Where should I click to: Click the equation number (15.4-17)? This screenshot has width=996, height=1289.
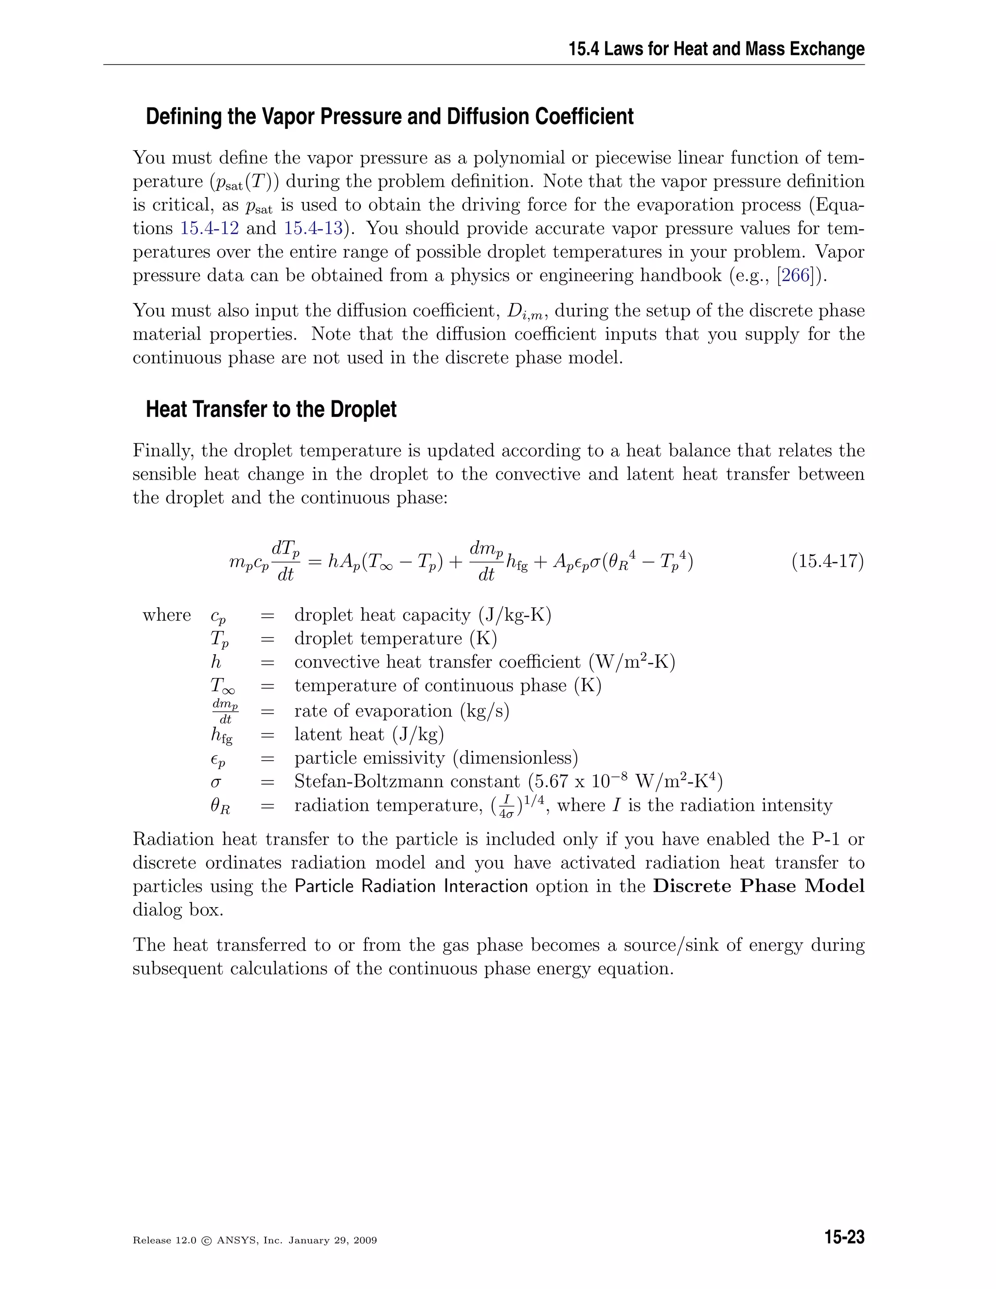827,561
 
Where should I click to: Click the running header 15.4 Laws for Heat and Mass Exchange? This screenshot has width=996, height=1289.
716,49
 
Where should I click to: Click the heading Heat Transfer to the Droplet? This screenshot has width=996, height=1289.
271,409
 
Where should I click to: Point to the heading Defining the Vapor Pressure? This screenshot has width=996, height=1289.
390,116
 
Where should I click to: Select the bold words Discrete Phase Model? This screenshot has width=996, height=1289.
758,886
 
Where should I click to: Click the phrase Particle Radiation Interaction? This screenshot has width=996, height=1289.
411,886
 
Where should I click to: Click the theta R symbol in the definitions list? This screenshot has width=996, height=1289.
220,806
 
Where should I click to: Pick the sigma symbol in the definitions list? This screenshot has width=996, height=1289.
216,783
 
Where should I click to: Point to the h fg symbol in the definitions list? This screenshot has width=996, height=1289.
221,735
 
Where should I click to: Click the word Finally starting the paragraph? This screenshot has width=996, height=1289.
163,450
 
